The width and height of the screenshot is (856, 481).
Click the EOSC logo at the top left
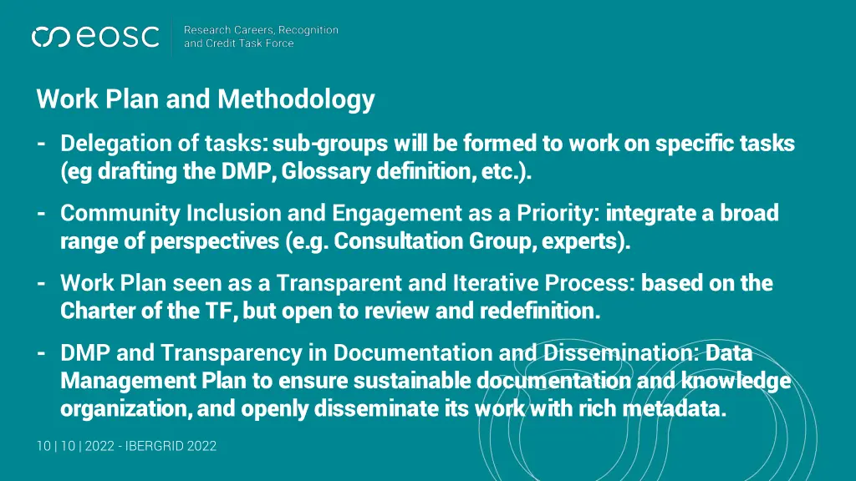tap(94, 37)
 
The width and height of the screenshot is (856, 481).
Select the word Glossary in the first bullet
tap(325, 172)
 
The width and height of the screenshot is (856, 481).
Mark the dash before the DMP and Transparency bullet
tap(41, 353)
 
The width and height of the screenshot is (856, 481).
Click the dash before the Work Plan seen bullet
tap(41, 283)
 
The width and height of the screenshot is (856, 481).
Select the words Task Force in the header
tap(266, 43)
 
